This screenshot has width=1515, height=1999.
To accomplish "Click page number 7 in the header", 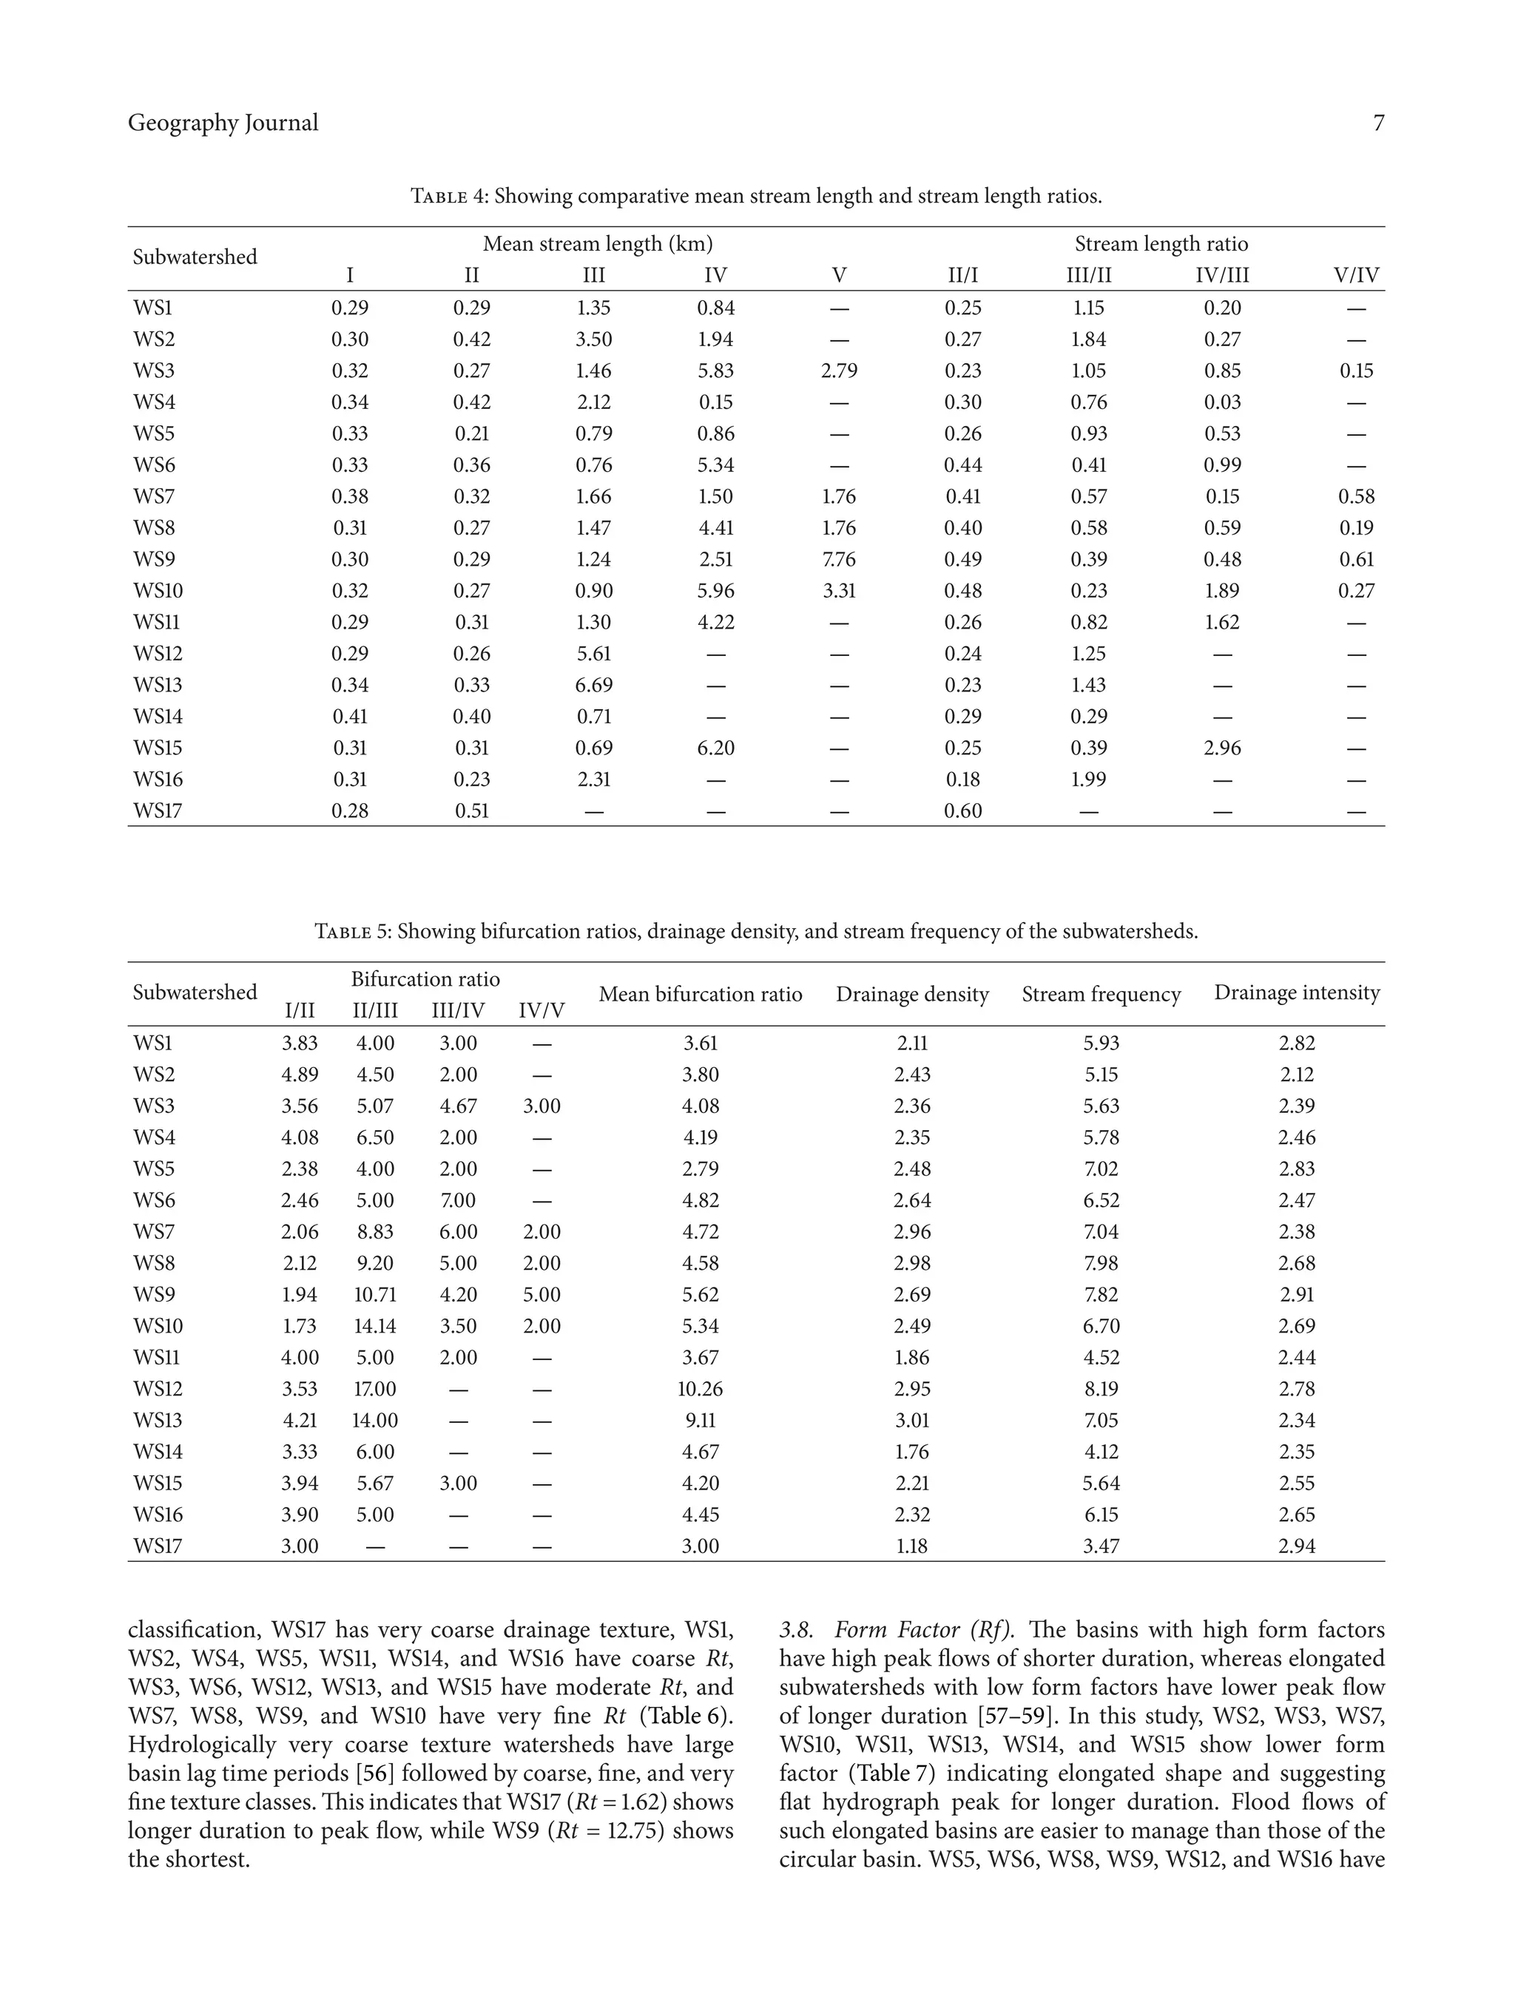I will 1377,124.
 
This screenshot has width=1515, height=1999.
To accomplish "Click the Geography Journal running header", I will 223,123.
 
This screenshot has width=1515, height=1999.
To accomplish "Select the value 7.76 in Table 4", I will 838,559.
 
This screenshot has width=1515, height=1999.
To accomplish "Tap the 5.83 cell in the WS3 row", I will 715,371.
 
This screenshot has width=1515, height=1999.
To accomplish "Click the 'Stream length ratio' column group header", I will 1161,244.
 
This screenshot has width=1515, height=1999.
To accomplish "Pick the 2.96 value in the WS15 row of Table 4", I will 1221,748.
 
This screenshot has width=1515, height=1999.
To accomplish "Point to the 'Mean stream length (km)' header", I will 598,244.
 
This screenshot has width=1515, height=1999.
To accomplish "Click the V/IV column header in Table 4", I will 1355,276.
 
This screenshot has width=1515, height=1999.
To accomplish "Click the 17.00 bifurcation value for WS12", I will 374,1389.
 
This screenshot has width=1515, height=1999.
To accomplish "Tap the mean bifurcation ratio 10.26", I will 700,1389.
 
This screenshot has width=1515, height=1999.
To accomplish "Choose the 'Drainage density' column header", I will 911,994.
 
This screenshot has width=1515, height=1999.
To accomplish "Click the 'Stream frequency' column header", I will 1100,994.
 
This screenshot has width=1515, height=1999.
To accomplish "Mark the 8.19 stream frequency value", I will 1100,1389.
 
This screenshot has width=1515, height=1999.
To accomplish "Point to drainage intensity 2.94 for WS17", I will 1295,1546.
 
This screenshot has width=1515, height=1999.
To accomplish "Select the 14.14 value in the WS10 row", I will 374,1326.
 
